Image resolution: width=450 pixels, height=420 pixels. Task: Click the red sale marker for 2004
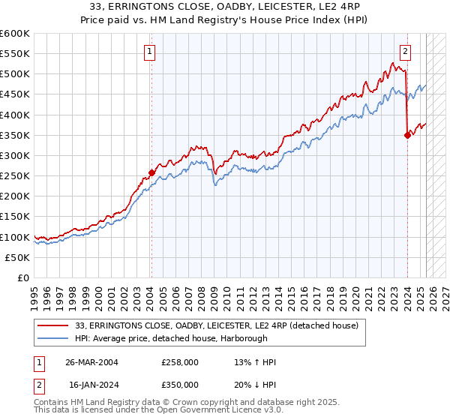tap(151, 172)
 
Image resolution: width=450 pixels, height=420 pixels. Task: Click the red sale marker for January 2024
tap(407, 135)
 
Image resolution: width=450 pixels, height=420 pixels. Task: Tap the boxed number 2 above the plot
tap(406, 52)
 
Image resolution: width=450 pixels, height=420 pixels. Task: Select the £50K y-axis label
tap(17, 257)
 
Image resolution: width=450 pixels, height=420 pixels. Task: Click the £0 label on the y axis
tap(22, 277)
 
